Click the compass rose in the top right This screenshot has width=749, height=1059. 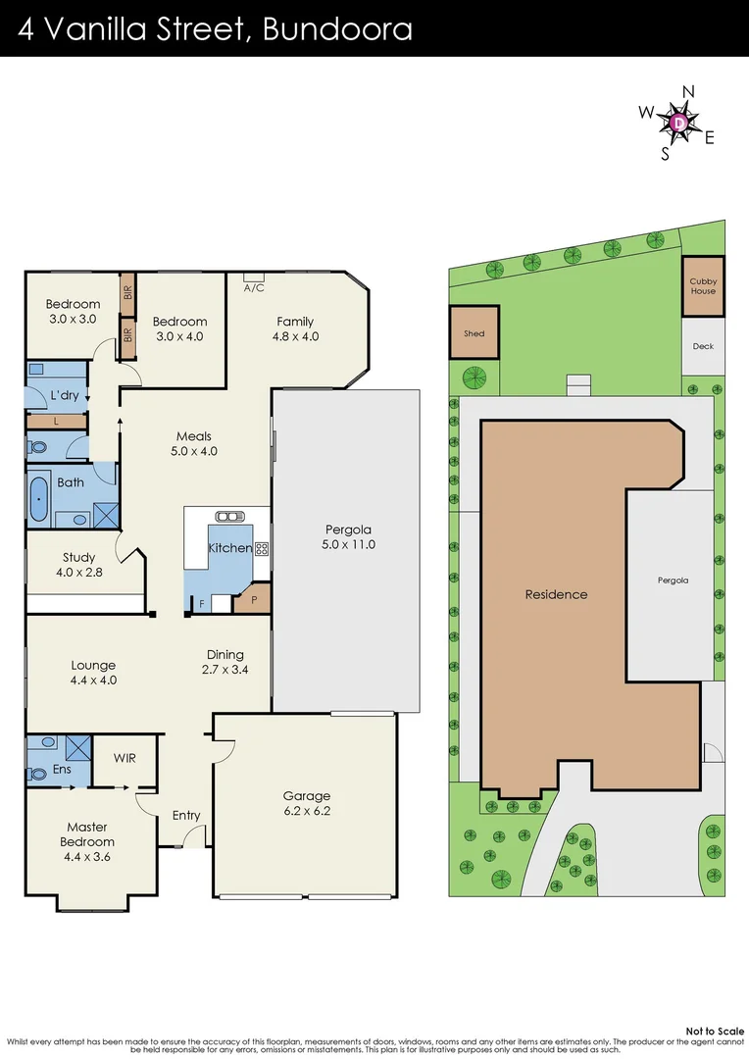tap(679, 123)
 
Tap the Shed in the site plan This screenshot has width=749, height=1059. tap(474, 333)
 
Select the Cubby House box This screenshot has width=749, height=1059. tap(703, 285)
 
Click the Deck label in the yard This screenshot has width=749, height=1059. tap(703, 346)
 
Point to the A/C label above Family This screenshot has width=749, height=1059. tap(254, 287)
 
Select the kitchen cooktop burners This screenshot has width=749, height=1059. tap(262, 549)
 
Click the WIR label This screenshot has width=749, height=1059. tap(125, 758)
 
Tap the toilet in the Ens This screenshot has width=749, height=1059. tap(37, 774)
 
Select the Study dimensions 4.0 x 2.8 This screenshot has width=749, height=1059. tap(78, 572)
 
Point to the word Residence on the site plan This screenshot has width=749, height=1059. tap(556, 594)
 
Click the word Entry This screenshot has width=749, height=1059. tap(186, 815)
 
